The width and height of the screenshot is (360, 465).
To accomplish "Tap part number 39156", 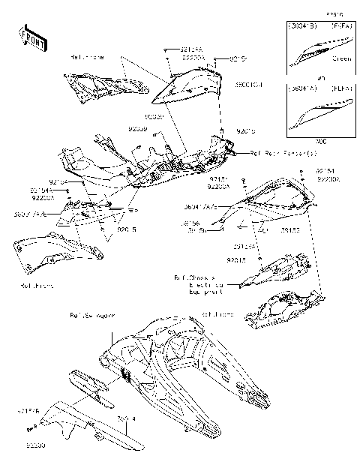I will tap(190, 223).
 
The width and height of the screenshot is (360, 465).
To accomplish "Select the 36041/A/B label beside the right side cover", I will tap(200, 205).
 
